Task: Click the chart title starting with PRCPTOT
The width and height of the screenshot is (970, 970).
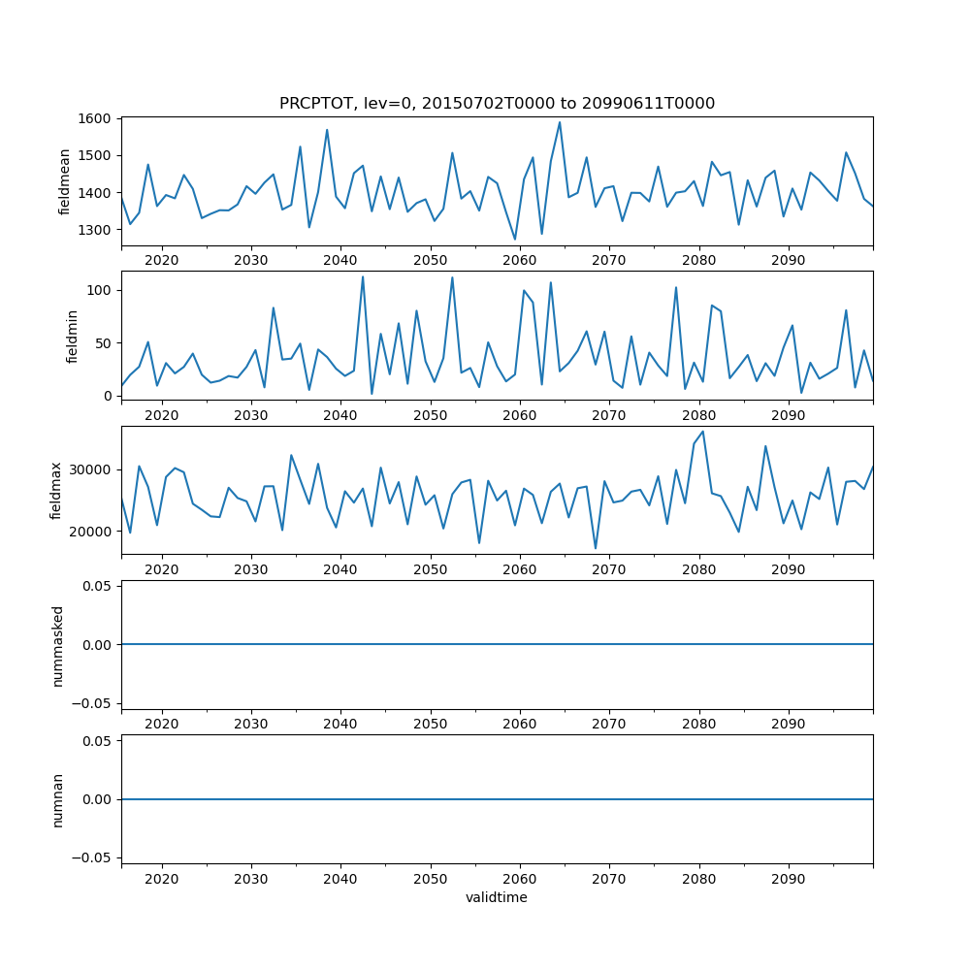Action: (x=497, y=104)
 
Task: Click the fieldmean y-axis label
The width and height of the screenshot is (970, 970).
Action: (x=65, y=181)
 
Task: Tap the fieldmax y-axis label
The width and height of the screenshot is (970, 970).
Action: (x=56, y=491)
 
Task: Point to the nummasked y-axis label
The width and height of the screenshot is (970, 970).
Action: (x=57, y=645)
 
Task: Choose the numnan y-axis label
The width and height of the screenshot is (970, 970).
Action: (x=57, y=799)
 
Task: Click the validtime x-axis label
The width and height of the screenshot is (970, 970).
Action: (x=497, y=898)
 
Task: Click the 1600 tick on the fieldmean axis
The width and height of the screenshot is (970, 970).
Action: (x=98, y=118)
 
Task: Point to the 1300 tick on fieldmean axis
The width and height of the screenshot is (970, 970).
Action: (x=98, y=230)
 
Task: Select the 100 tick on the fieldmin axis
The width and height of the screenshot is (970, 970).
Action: (x=102, y=290)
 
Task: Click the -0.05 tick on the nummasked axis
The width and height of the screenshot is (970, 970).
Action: (x=94, y=702)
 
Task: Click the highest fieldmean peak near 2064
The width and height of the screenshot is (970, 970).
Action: (x=560, y=122)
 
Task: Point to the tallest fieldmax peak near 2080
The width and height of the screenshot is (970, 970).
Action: (x=702, y=432)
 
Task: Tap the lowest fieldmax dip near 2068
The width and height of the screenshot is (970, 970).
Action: (x=596, y=549)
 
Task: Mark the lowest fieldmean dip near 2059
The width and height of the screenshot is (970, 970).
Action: (x=515, y=239)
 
